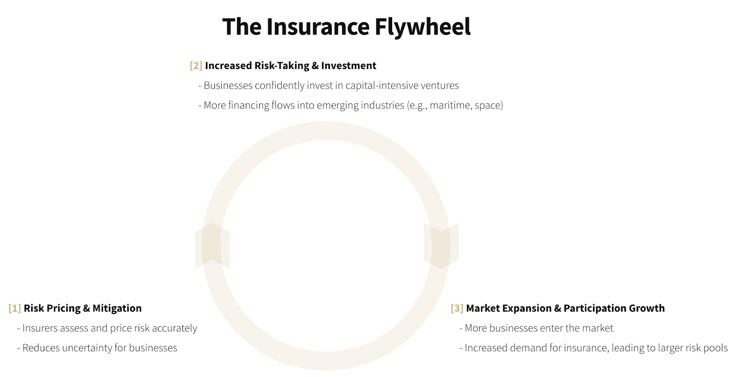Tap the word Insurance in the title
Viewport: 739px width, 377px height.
click(x=318, y=26)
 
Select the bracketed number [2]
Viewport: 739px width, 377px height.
click(x=196, y=65)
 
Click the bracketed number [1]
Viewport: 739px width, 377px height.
click(x=15, y=308)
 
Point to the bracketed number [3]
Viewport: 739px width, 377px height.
click(x=457, y=308)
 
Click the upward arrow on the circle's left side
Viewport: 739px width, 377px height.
click(x=212, y=245)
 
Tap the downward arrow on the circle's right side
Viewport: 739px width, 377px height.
click(x=441, y=246)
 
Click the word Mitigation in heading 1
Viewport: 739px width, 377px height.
click(x=117, y=308)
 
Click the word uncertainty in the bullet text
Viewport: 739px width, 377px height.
click(x=87, y=348)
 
